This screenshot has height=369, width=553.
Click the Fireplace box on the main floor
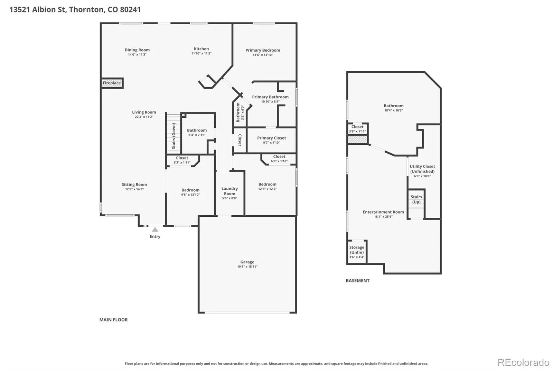[x=112, y=83]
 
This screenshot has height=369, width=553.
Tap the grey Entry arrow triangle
[x=155, y=229]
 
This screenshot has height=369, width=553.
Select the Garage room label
[x=247, y=262]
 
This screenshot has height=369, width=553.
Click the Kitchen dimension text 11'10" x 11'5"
[x=201, y=53]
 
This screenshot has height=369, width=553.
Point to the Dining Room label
[x=137, y=50]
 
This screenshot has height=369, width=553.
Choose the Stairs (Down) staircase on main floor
[x=174, y=134]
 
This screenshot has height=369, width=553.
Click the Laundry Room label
[x=229, y=191]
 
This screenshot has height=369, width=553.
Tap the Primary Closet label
[x=272, y=138]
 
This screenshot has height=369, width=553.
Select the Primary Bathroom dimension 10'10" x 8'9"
[x=270, y=102]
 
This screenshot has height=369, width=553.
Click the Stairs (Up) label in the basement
[x=416, y=199]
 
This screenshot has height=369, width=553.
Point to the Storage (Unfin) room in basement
[x=357, y=252]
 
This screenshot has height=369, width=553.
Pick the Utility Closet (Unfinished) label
[x=422, y=169]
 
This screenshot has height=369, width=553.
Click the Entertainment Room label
[x=383, y=212]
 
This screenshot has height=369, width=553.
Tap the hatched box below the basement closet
[x=357, y=139]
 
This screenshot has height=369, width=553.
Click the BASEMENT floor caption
[x=357, y=280]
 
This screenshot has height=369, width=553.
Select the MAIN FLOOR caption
[x=114, y=319]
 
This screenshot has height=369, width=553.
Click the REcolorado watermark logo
[x=523, y=362]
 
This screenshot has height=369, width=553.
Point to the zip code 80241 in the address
[x=130, y=9]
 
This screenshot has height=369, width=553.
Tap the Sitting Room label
[x=134, y=184]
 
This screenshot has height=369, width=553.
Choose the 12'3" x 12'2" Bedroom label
[x=268, y=187]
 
